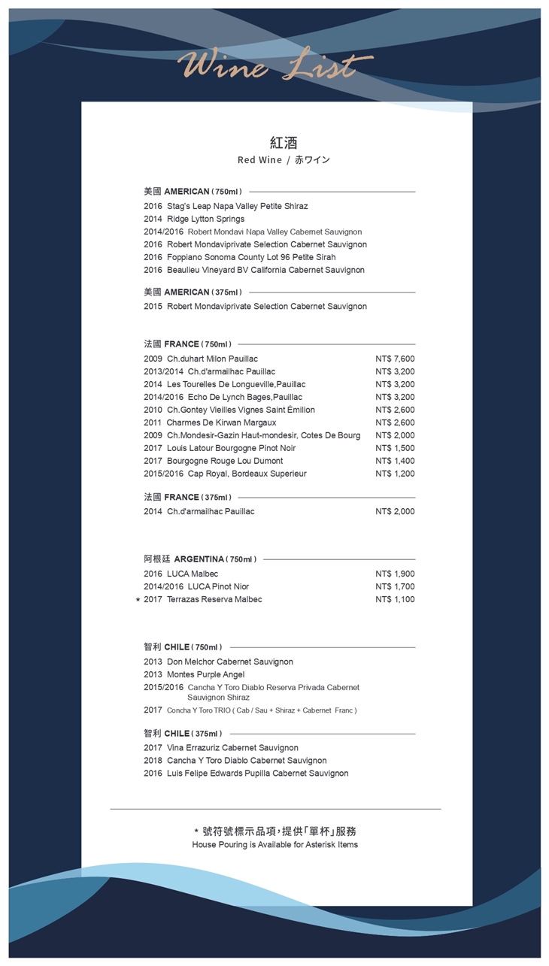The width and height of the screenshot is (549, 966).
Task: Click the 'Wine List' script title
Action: [275, 66]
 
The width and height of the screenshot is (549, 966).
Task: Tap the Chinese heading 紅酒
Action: [284, 143]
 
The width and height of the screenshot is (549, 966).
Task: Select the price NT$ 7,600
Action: [395, 359]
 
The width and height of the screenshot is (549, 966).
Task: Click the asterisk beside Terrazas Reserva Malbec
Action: [137, 600]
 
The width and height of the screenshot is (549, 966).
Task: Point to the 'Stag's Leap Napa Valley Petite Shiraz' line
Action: [226, 206]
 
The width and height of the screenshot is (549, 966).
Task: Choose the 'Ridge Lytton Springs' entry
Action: [194, 219]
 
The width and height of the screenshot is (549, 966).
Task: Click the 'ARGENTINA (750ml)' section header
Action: [201, 559]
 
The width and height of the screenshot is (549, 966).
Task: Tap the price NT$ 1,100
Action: [395, 600]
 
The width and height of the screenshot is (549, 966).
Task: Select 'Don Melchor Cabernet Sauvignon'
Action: [218, 662]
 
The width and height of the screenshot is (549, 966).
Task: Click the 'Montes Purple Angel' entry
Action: [194, 674]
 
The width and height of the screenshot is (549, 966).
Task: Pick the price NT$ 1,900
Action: [395, 574]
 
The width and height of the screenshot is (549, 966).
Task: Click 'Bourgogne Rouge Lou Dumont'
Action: [214, 461]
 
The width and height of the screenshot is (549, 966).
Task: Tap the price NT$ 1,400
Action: [395, 461]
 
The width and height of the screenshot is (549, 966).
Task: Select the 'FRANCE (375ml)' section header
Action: [188, 497]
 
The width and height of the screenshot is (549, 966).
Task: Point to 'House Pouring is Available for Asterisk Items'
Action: [275, 845]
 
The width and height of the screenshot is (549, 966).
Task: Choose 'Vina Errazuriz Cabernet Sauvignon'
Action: [221, 748]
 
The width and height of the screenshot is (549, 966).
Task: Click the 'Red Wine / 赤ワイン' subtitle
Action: [284, 160]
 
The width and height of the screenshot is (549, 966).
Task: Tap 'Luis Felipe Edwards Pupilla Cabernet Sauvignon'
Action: [246, 774]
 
